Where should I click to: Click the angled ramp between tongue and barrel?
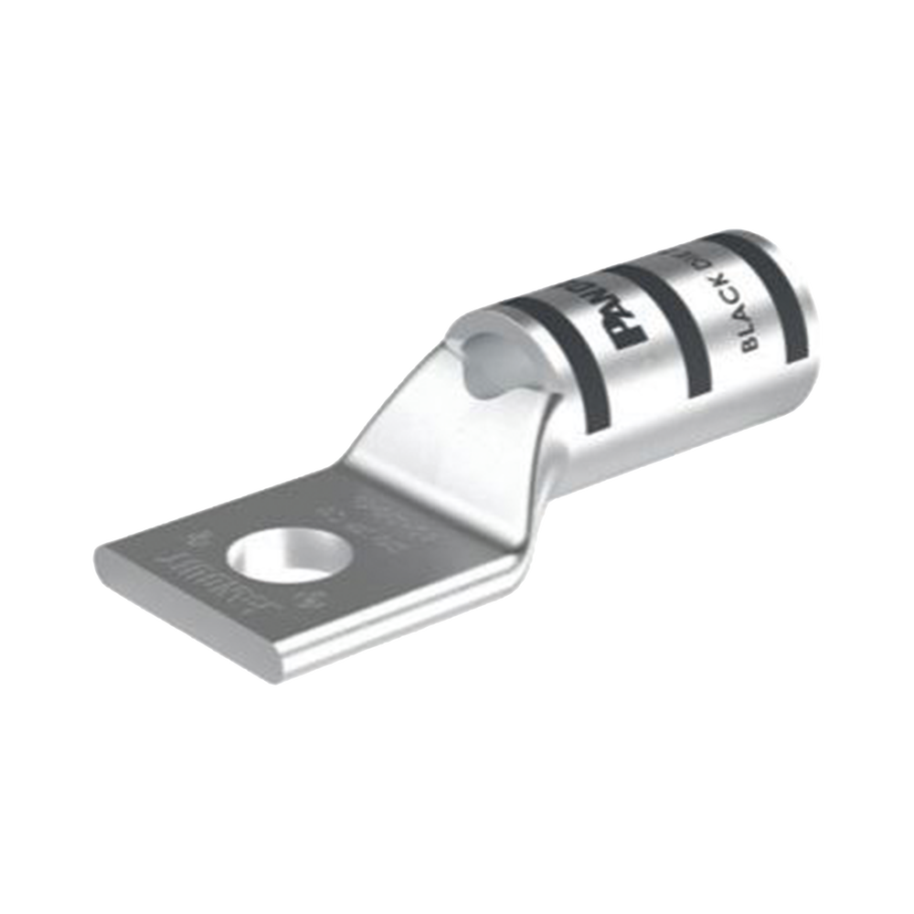point(439,439)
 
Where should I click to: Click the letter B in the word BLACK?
point(749,345)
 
